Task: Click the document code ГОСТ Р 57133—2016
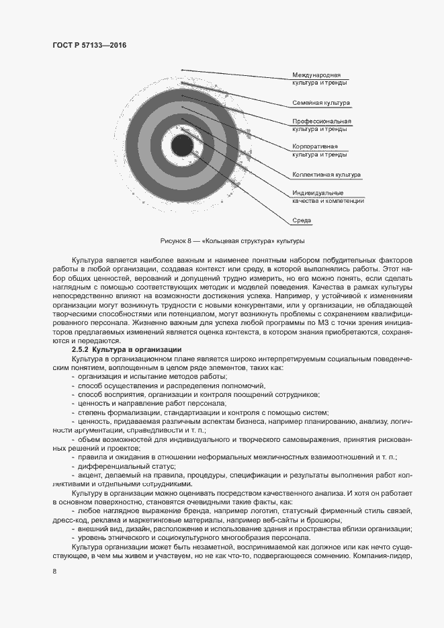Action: pos(89,45)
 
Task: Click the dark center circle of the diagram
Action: pos(182,146)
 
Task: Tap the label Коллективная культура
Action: pos(326,175)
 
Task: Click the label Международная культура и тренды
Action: pos(319,78)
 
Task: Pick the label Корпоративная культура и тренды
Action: pos(319,150)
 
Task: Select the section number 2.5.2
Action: pos(81,350)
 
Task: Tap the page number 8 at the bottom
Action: pos(54,572)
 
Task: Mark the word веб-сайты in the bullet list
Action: pos(283,519)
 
